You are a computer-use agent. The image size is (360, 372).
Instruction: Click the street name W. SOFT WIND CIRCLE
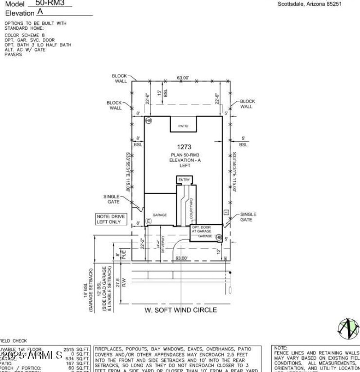180,310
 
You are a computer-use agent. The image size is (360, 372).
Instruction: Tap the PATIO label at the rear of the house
183,126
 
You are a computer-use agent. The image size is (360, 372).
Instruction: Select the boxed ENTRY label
184,180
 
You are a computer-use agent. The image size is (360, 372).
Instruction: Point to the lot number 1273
184,147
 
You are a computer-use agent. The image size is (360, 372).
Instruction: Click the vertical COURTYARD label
191,209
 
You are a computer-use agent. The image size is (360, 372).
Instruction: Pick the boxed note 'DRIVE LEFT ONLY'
111,219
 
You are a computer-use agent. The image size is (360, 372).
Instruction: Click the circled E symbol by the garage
148,221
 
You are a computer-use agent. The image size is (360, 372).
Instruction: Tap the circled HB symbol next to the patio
148,121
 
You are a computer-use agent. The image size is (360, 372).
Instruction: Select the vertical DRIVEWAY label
163,245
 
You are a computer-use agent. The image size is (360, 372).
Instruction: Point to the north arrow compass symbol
349,329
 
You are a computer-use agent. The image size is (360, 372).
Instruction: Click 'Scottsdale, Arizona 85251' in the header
309,4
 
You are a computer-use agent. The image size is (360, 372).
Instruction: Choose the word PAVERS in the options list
13,54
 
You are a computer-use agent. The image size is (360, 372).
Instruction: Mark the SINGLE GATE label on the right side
248,217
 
